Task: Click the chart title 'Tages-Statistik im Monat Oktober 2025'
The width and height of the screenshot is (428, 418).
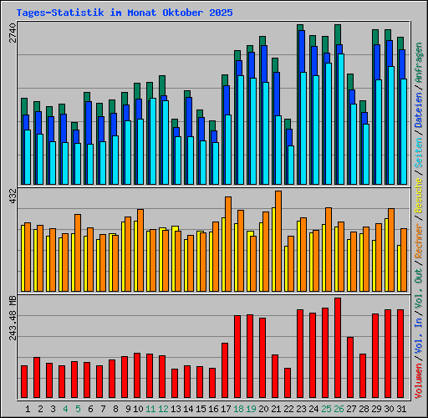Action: pyautogui.click(x=125, y=13)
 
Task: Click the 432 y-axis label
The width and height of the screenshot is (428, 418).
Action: pyautogui.click(x=11, y=196)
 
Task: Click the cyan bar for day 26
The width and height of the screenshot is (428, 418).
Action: pyautogui.click(x=341, y=120)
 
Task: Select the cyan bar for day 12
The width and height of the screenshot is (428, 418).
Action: pyautogui.click(x=166, y=142)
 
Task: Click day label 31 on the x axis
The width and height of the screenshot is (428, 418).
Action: pyautogui.click(x=400, y=409)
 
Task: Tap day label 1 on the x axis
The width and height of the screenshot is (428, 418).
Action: pyautogui.click(x=28, y=409)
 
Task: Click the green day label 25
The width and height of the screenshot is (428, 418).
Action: pyautogui.click(x=325, y=409)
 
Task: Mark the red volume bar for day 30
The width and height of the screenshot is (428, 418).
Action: pyautogui.click(x=388, y=354)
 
